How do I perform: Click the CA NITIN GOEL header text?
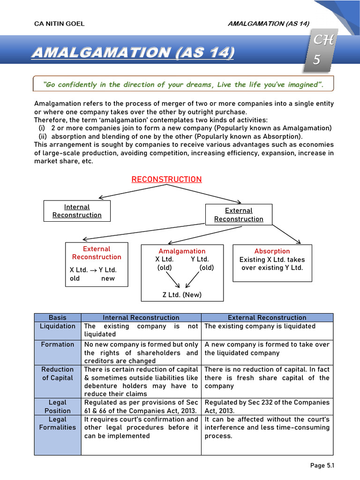coord(60,24)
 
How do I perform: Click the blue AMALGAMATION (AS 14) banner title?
coord(133,52)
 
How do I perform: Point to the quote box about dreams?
coord(183,84)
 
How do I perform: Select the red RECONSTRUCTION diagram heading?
coord(166,180)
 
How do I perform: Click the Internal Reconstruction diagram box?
coord(77,211)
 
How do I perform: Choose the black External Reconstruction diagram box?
coord(239,215)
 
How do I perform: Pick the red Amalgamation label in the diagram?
coord(182,251)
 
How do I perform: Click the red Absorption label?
coord(272,251)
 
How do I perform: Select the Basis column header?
coord(58,318)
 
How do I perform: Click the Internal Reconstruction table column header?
coord(141,318)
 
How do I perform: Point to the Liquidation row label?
coord(58,326)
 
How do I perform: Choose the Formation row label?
coord(58,345)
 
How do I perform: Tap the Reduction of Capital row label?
coord(58,374)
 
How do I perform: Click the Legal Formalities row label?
coord(58,423)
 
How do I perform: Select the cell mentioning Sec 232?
coord(267,406)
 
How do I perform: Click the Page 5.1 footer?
coord(322,465)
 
